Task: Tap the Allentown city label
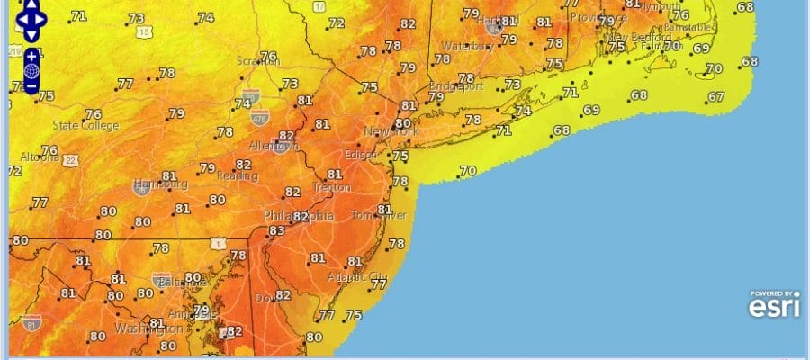tap(274, 145)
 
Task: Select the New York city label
tap(391, 132)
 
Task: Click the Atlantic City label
tap(357, 276)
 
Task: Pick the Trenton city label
tap(331, 187)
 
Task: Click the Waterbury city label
tap(463, 46)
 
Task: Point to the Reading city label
tap(236, 177)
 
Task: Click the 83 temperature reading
tap(276, 231)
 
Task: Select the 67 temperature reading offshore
tap(716, 97)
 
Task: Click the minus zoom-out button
tap(31, 86)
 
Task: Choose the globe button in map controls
tap(31, 71)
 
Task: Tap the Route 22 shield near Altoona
tap(69, 160)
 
